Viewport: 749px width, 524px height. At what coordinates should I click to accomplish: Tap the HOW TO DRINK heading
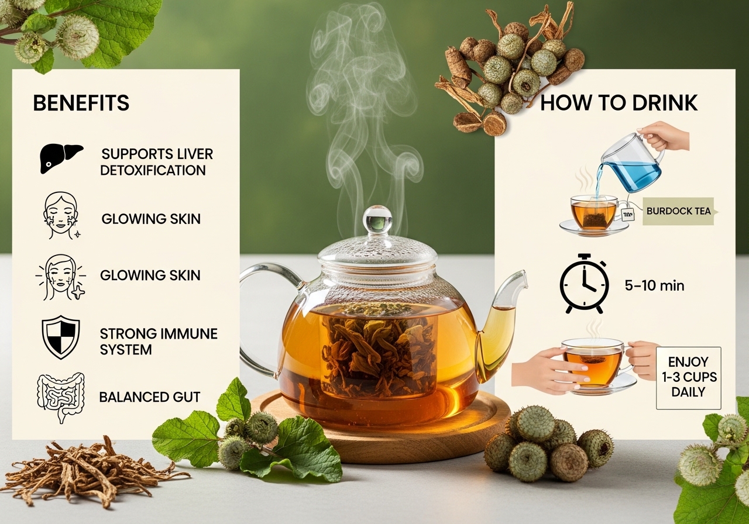click(x=619, y=102)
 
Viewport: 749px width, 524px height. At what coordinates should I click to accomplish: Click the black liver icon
click(x=61, y=158)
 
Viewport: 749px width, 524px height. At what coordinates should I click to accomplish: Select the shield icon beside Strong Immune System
click(x=60, y=337)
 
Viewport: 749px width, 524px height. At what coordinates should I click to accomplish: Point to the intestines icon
click(x=60, y=398)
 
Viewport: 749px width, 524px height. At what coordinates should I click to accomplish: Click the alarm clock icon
click(x=584, y=284)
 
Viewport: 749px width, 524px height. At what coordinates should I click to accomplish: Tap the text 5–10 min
click(x=654, y=286)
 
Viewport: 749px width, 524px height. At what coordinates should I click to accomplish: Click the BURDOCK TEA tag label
click(x=679, y=211)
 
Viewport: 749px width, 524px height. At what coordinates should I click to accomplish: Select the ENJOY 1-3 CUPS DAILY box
click(x=689, y=378)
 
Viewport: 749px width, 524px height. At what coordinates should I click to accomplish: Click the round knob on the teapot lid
click(x=377, y=219)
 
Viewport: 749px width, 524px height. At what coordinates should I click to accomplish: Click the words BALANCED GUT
click(x=150, y=397)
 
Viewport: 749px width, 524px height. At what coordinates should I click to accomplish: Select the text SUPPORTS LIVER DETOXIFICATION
click(x=156, y=162)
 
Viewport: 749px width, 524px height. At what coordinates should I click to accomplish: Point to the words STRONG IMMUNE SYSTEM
click(x=159, y=342)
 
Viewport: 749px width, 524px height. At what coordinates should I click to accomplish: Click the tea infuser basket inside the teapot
click(x=378, y=354)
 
